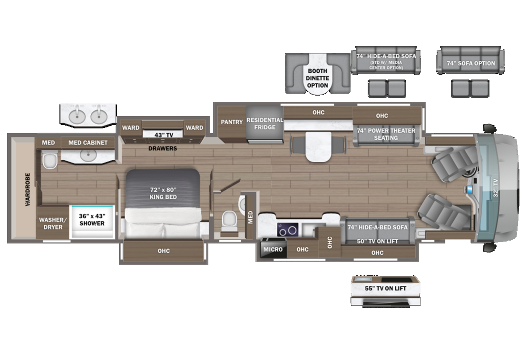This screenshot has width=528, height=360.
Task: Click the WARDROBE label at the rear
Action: [x=28, y=189]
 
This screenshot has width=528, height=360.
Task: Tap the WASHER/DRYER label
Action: [x=51, y=224]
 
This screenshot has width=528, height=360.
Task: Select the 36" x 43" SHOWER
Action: [x=92, y=220]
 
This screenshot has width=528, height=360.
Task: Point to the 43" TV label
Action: [x=163, y=135]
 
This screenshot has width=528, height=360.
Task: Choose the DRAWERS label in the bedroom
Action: [x=163, y=148]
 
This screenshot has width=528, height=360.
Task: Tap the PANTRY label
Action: [x=232, y=122]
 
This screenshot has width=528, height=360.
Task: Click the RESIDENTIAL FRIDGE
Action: [x=264, y=124]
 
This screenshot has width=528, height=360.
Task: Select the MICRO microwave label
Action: [x=273, y=249]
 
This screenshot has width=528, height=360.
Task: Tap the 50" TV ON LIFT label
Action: [x=377, y=241]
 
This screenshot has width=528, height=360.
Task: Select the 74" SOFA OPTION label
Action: [x=470, y=63]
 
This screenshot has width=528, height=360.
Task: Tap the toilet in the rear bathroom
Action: [x=49, y=162]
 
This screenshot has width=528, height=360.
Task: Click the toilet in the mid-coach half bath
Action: [x=229, y=220]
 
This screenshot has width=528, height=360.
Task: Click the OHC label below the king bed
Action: [x=163, y=251]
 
